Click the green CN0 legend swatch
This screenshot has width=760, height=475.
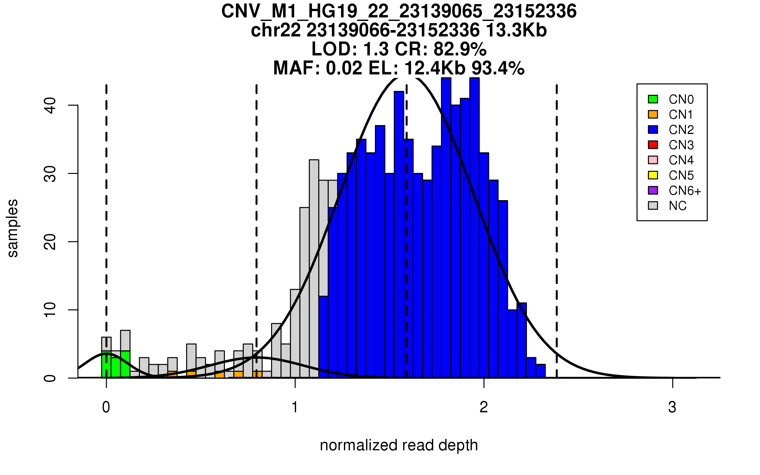coord(653,99)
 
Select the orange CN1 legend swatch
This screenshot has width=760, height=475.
coord(653,114)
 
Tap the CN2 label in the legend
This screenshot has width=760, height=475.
coord(681,130)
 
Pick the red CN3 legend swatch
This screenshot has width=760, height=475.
coord(653,145)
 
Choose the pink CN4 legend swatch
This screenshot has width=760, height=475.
coord(653,160)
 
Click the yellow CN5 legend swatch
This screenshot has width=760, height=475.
coord(653,175)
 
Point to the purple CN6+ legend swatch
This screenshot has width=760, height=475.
coord(653,190)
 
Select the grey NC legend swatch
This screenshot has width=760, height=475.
coord(653,206)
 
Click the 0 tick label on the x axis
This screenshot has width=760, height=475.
coord(106,407)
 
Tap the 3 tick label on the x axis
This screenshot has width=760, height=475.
coord(672,407)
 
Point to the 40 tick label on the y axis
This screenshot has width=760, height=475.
coord(50,105)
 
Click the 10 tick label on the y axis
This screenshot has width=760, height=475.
coord(50,310)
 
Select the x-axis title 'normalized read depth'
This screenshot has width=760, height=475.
coord(399,445)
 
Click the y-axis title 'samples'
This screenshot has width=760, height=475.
coord(13,228)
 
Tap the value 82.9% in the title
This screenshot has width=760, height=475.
coord(460,49)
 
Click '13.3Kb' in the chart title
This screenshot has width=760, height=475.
coord(516,30)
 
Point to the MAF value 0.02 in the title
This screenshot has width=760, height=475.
coord(344,68)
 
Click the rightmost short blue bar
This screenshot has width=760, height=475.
coord(541,371)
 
